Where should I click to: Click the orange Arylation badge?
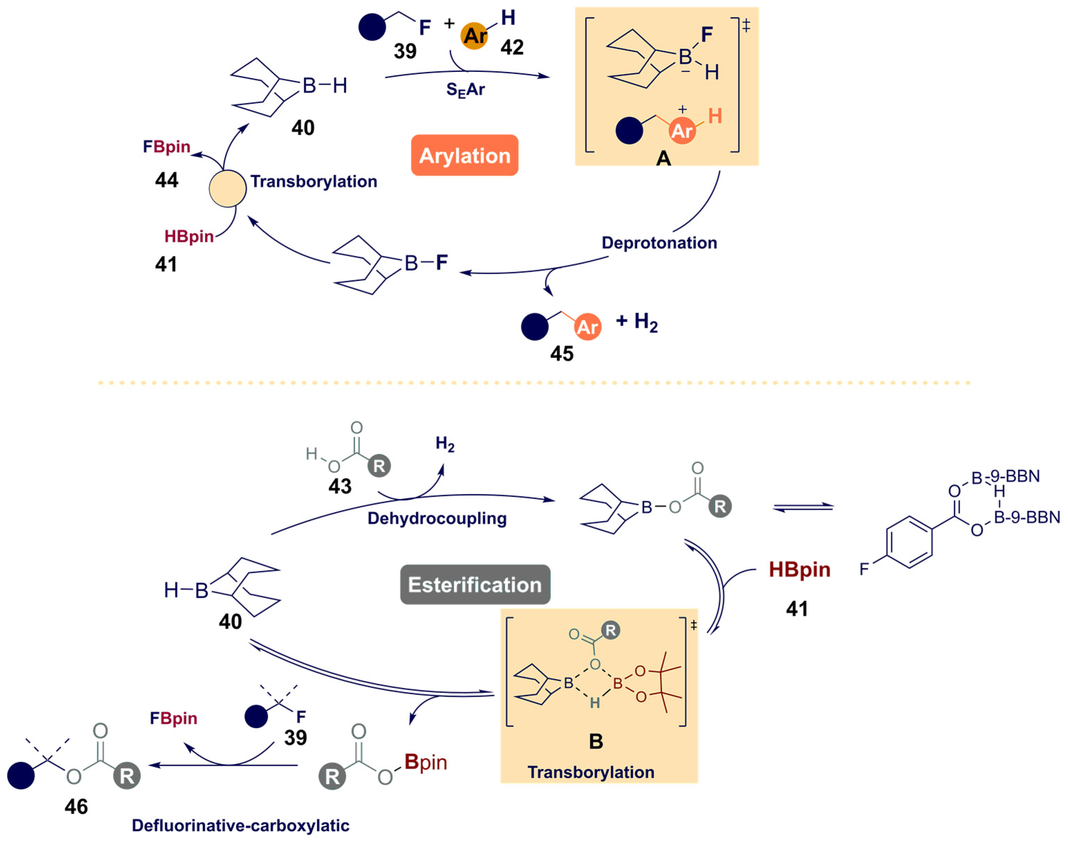[x=464, y=155]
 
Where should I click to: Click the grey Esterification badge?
[x=474, y=585]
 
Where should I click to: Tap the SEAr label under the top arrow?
[x=465, y=90]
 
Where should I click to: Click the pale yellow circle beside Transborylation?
[x=227, y=188]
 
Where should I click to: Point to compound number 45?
[x=561, y=354]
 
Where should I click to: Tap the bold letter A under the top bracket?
[x=663, y=159]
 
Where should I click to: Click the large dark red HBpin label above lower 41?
[x=799, y=569]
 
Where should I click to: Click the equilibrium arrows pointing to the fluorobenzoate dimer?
[x=803, y=508]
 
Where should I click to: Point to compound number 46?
[x=76, y=807]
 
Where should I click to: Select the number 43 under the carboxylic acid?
[x=340, y=486]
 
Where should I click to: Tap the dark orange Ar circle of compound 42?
[x=474, y=36]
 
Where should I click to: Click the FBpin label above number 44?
[x=167, y=147]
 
